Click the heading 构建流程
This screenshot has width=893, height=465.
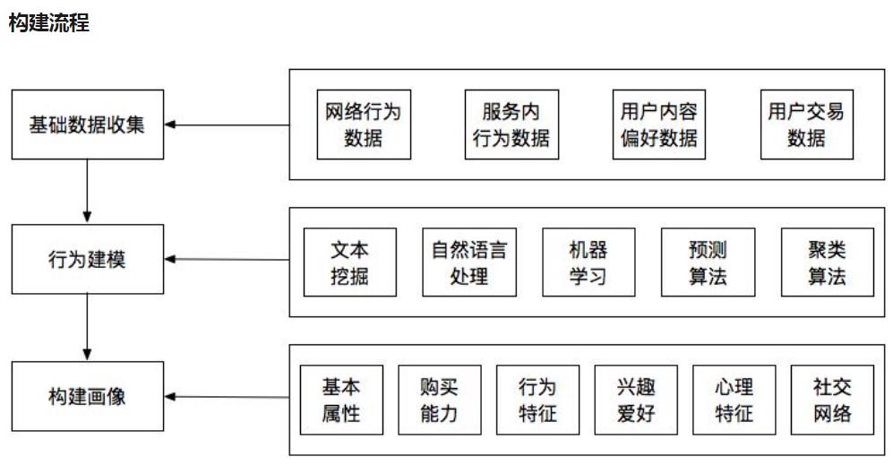coord(48,23)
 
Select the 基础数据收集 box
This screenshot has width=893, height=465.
coord(87,125)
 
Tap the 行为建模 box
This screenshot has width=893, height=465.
coord(87,260)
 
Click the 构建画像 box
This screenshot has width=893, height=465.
coord(87,396)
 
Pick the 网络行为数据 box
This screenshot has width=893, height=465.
coord(364,125)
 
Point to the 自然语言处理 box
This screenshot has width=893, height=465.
coord(468,262)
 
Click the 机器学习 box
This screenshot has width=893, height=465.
coord(588,262)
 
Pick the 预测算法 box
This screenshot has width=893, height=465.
coord(708,262)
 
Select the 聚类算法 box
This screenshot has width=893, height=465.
coord(827,262)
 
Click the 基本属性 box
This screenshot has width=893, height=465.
coord(341,400)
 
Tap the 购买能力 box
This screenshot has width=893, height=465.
coord(439,400)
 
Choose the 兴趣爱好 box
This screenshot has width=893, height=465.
coord(636,400)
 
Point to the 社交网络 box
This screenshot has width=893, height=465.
coord(832,400)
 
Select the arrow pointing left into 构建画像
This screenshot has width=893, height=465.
coord(228,397)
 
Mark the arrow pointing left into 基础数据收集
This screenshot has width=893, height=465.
coord(228,125)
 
